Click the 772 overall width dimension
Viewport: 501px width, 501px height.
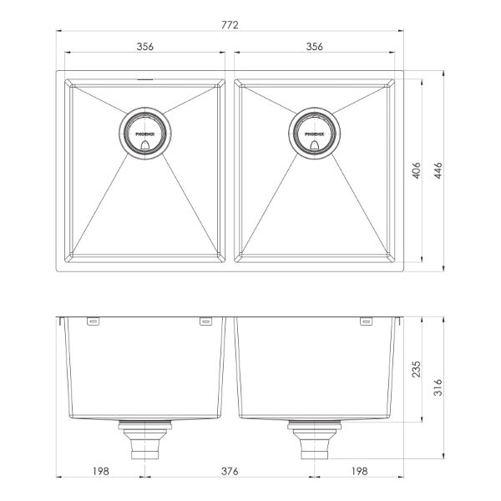(230, 26)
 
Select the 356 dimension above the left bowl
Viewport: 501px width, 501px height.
(144, 48)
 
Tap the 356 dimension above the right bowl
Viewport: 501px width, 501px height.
(314, 48)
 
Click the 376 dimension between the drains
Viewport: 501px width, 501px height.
(230, 472)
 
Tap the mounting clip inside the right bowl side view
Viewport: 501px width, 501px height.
(365, 321)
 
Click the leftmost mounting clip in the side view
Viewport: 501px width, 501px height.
(93, 321)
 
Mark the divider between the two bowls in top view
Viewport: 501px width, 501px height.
(230, 172)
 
